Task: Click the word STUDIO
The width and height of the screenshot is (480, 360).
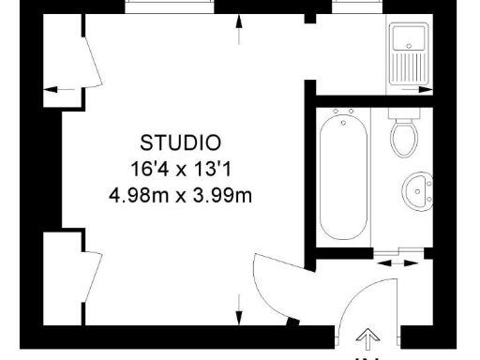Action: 181,143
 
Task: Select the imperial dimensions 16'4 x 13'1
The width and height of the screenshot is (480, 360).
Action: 181,170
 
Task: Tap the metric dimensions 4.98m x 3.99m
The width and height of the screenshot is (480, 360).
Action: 181,196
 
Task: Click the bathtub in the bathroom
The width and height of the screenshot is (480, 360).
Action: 342,178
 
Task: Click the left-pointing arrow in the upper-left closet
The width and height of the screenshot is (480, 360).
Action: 60,90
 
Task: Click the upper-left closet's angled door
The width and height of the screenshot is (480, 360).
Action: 94,63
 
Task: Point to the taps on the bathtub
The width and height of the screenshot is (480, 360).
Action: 342,118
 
